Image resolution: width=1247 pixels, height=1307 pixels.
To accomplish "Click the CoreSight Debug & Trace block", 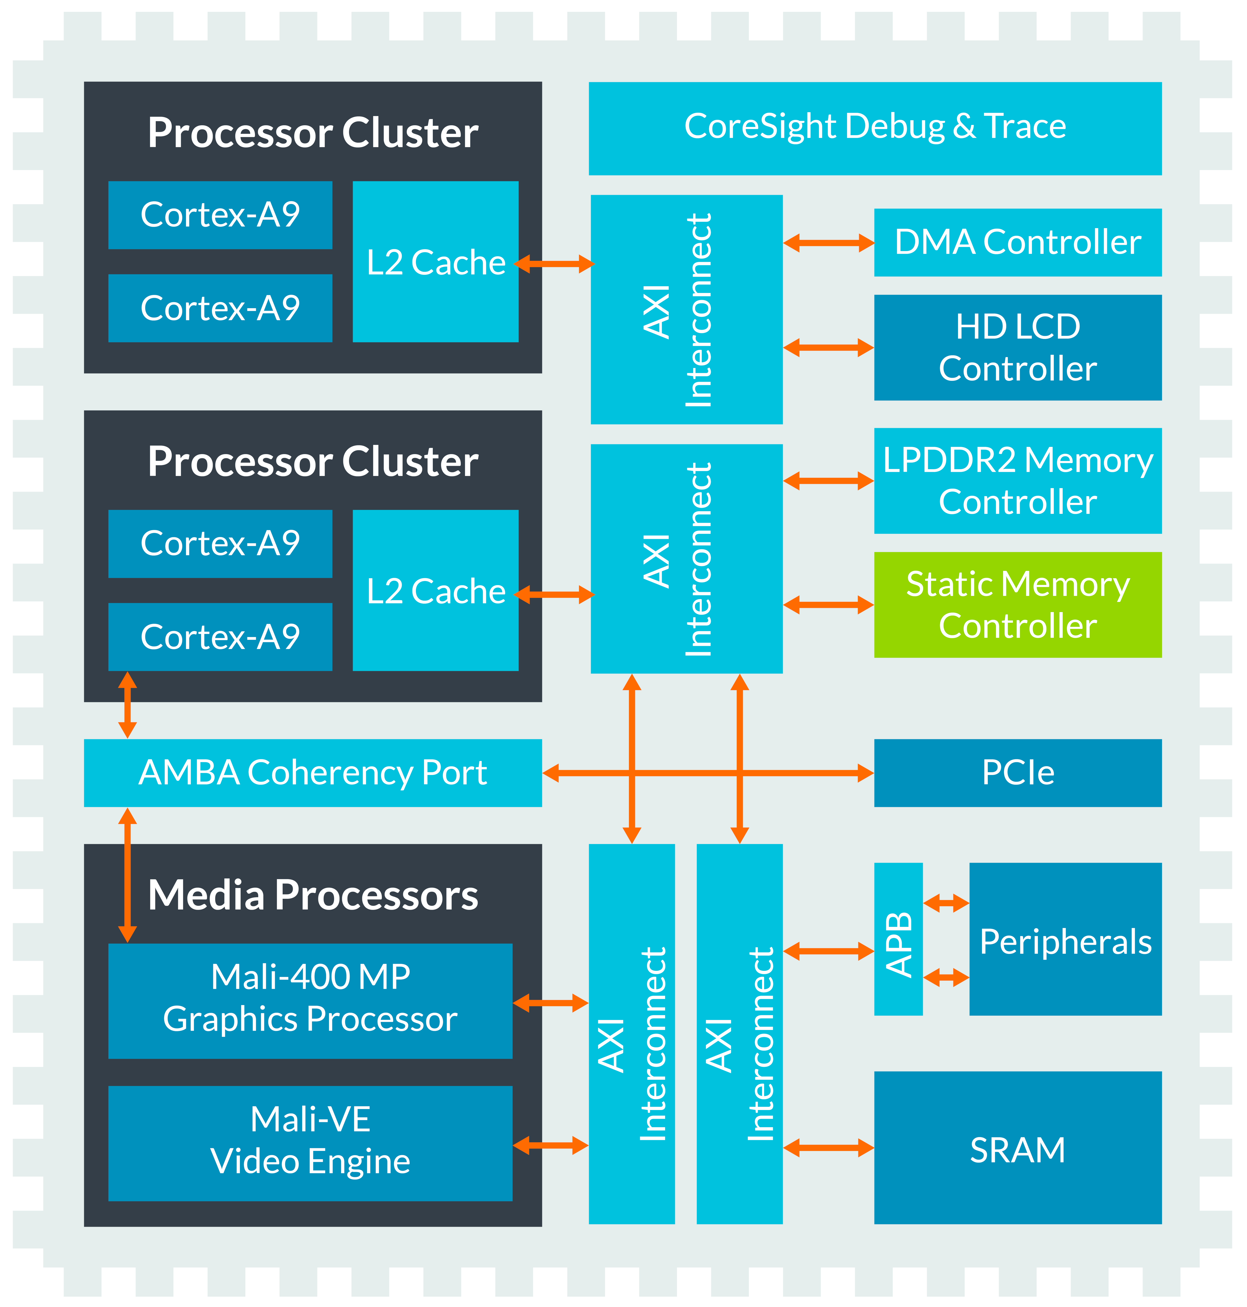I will point(875,128).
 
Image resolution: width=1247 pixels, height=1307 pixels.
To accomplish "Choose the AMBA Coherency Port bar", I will point(312,773).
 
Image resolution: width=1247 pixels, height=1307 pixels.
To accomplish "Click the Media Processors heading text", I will point(312,895).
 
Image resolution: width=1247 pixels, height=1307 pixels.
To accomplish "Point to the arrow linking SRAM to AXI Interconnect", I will point(828,1147).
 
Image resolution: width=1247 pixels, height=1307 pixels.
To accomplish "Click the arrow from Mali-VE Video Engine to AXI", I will point(550,1145).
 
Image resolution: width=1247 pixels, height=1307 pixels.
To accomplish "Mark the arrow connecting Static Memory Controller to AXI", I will point(828,605).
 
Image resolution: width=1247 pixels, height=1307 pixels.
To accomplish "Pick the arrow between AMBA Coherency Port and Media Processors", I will point(127,875).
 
